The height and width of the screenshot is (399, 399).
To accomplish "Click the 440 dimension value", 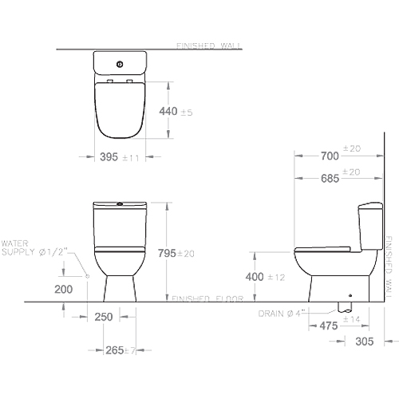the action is click(x=168, y=111).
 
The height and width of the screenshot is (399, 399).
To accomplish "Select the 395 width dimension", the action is click(x=109, y=157).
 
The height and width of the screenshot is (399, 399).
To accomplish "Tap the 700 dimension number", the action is click(x=330, y=156).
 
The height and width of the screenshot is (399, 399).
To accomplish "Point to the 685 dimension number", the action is click(x=330, y=179).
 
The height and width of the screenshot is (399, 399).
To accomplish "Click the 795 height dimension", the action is click(x=167, y=253).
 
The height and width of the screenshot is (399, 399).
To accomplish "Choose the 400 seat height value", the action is click(x=255, y=277).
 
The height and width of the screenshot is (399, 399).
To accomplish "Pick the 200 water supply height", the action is click(x=64, y=289).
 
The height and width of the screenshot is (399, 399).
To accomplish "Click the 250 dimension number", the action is click(x=104, y=317).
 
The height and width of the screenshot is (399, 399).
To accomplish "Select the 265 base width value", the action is click(x=115, y=350).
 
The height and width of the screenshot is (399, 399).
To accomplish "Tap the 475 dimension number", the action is click(x=329, y=326).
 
